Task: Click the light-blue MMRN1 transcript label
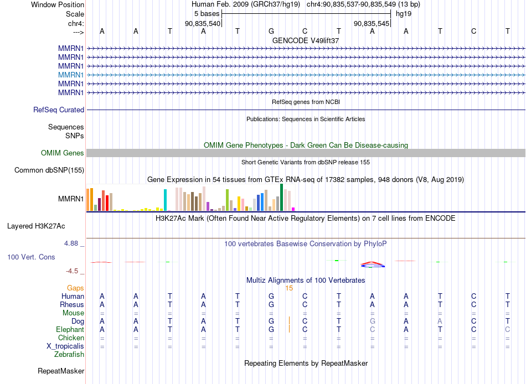pyautogui.click(x=71, y=75)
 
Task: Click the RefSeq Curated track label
pyautogui.click(x=59, y=110)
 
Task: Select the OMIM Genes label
pyautogui.click(x=63, y=153)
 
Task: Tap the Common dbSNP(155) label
pyautogui.click(x=49, y=170)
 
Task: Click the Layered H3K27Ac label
pyautogui.click(x=36, y=226)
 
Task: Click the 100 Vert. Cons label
pyautogui.click(x=31, y=257)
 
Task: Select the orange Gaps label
pyautogui.click(x=75, y=288)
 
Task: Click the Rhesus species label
pyautogui.click(x=72, y=304)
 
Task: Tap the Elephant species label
pyautogui.click(x=70, y=330)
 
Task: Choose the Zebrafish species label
pyautogui.click(x=69, y=355)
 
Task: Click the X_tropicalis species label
pyautogui.click(x=65, y=346)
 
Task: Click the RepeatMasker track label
pyautogui.click(x=61, y=371)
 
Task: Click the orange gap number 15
pyautogui.click(x=289, y=288)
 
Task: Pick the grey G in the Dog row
pyautogui.click(x=373, y=321)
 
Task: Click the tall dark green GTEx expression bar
pyautogui.click(x=282, y=198)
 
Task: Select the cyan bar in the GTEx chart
pyautogui.click(x=165, y=200)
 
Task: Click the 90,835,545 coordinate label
pyautogui.click(x=372, y=23)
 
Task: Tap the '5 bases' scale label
pyautogui.click(x=207, y=14)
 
